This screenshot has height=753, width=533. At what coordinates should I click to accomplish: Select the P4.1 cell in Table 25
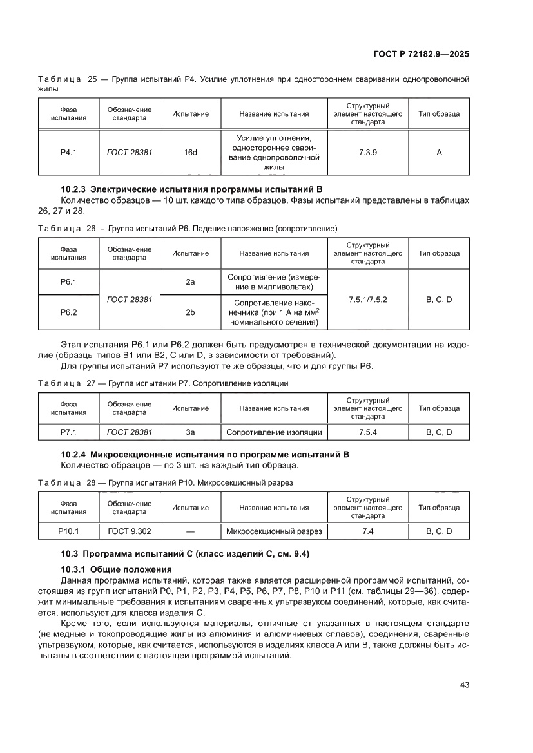pos(68,153)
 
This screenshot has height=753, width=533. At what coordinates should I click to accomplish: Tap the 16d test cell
pos(190,153)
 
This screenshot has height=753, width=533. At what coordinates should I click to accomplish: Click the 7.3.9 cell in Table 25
pos(367,153)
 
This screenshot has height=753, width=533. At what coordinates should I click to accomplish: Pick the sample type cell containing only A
pos(439,153)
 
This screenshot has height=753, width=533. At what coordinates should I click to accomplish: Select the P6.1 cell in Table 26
pos(68,281)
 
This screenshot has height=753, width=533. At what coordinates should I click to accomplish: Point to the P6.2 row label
pos(68,312)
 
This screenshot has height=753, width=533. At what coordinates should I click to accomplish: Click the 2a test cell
pos(190,281)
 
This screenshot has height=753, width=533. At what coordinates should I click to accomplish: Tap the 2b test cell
pos(190,312)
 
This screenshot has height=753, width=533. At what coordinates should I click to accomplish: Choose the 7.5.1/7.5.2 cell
pos(367,300)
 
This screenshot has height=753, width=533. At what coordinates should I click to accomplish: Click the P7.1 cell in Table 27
pos(68,432)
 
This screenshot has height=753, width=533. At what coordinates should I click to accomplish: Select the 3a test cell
pos(190,432)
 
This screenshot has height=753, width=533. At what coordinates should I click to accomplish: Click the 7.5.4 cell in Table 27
pos(367,432)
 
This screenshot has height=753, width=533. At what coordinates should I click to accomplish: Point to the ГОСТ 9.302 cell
pos(130,531)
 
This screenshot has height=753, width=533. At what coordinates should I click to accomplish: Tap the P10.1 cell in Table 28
pos(68,531)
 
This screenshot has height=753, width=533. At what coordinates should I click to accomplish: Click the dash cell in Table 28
pos(190,531)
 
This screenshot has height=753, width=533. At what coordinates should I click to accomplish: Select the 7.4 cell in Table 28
pos(367,531)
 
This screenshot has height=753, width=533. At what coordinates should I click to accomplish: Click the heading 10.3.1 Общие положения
pos(116,569)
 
